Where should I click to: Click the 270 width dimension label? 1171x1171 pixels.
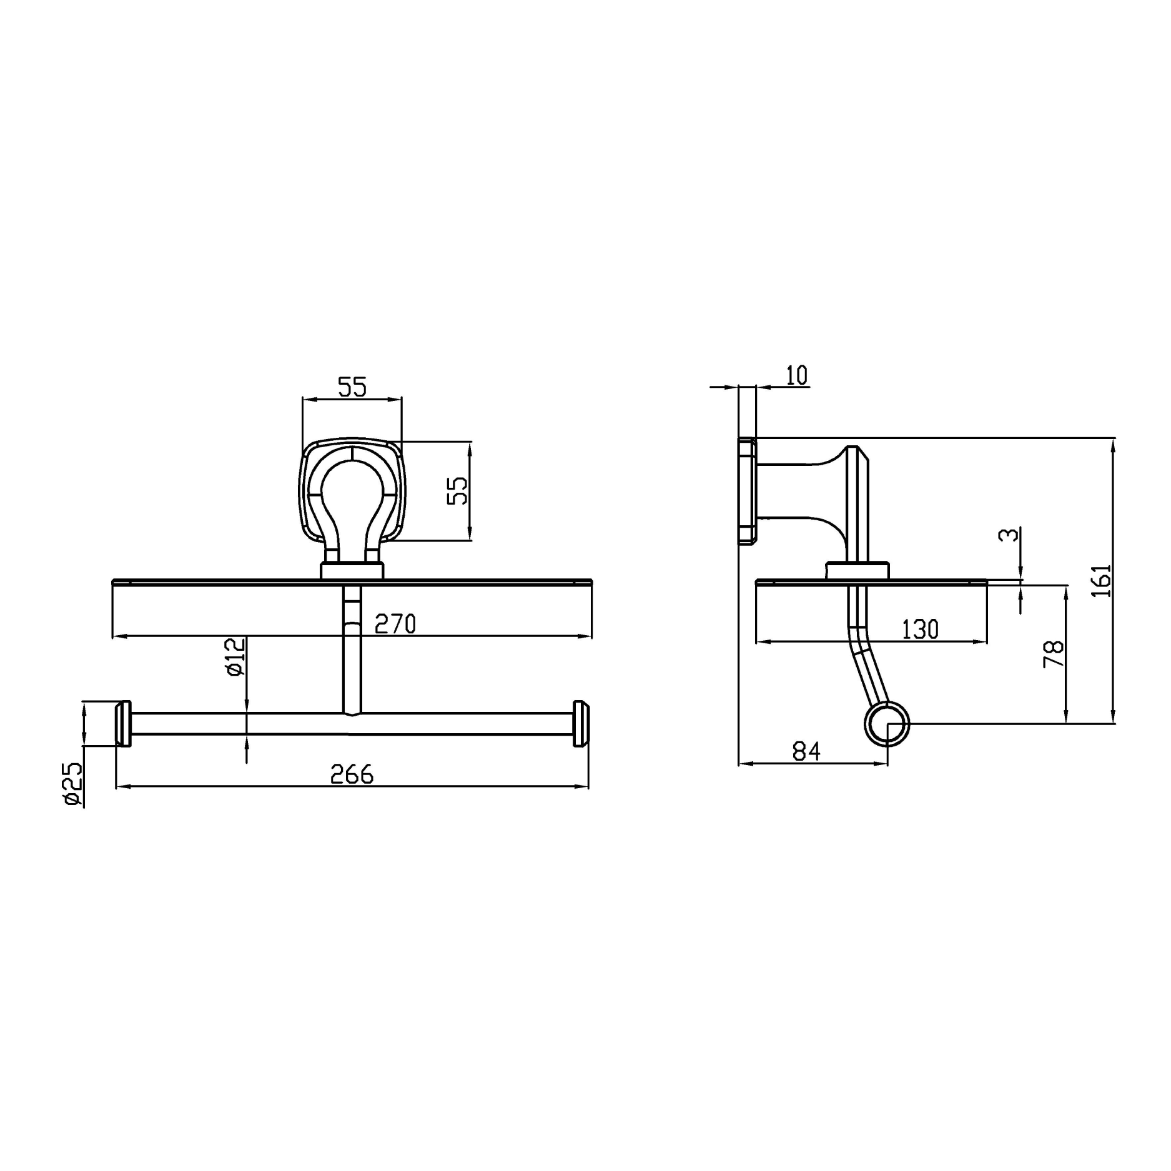click(395, 624)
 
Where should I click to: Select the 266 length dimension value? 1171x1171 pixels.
click(352, 774)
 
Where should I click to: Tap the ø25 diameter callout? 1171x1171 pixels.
click(73, 785)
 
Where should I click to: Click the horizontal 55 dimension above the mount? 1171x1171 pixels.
click(352, 387)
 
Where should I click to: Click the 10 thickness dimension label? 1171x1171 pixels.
click(796, 375)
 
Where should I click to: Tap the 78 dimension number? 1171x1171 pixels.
click(1054, 654)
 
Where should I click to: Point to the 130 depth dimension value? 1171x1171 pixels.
click(920, 630)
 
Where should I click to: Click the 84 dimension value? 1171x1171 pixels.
click(806, 751)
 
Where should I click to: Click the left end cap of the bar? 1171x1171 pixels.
click(123, 724)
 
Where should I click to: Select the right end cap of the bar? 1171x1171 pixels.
click(581, 724)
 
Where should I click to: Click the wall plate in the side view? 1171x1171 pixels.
click(747, 491)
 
